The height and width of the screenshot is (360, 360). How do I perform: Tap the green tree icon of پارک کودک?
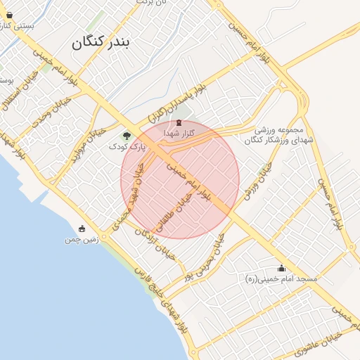(127, 136)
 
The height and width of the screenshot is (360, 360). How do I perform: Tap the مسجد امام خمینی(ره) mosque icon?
(282, 268)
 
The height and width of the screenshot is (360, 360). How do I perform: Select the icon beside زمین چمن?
(82, 229)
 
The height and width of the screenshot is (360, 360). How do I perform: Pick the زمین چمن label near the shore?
(79, 240)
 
